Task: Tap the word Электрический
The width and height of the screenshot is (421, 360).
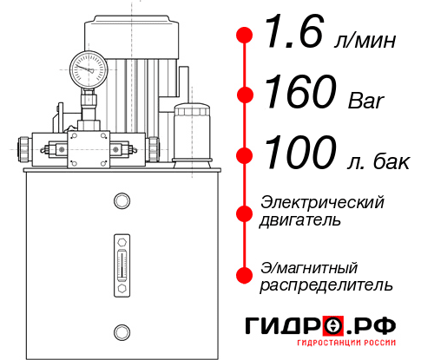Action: (322, 202)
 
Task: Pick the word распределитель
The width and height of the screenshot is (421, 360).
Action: (326, 285)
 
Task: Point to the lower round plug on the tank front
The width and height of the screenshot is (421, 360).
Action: (121, 331)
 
